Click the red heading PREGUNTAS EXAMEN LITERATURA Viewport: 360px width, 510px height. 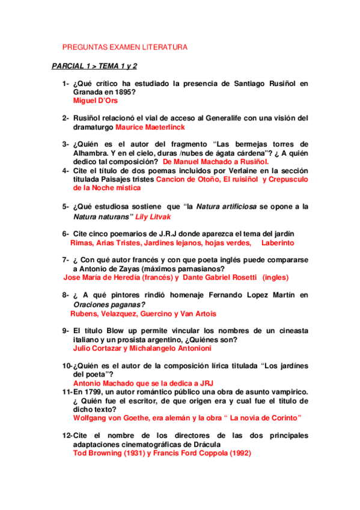(x=126, y=47)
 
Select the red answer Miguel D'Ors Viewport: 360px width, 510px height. (x=95, y=101)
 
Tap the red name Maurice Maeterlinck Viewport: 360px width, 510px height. (x=150, y=127)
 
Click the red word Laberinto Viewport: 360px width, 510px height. (x=278, y=242)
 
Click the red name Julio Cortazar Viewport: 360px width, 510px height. (x=96, y=348)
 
